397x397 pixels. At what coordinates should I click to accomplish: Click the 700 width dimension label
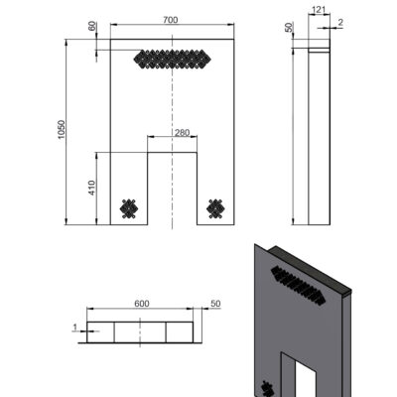171,20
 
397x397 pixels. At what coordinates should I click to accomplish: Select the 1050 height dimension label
62,129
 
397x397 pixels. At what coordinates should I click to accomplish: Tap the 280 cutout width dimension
182,133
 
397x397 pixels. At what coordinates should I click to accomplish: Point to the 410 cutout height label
92,188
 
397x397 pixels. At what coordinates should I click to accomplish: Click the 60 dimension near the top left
92,26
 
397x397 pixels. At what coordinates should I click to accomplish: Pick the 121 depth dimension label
319,10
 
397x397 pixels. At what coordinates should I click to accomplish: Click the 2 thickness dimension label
340,23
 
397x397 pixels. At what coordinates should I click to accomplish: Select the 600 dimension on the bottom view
142,304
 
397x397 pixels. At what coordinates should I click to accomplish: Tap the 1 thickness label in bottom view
75,328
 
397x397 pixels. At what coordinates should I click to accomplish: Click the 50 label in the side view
289,28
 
